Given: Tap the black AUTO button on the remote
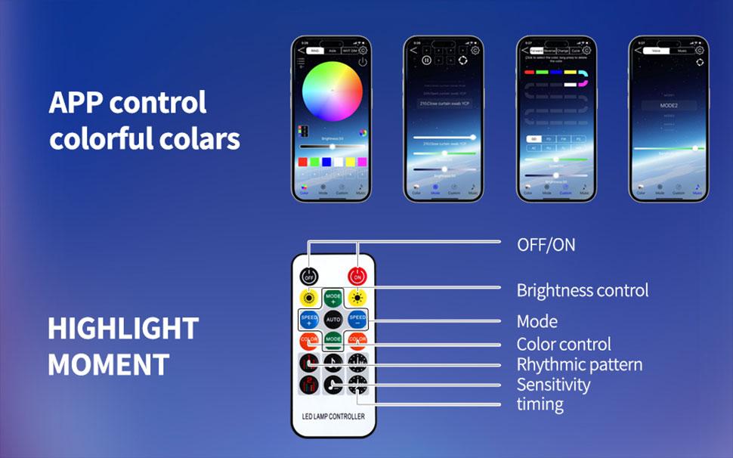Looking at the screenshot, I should pyautogui.click(x=333, y=320).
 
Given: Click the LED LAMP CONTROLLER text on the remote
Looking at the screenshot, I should pyautogui.click(x=333, y=416).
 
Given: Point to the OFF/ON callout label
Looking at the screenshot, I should pyautogui.click(x=546, y=245).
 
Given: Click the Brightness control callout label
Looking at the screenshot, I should pyautogui.click(x=582, y=290).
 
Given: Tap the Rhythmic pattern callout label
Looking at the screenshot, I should pyautogui.click(x=579, y=364).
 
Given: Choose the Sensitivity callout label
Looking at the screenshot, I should pyautogui.click(x=553, y=384).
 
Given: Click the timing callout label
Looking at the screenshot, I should pyautogui.click(x=540, y=404).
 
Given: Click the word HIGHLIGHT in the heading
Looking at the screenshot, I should pyautogui.click(x=123, y=329).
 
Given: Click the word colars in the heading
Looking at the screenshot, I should pyautogui.click(x=202, y=139).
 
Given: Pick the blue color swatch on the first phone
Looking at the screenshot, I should pyautogui.click(x=327, y=162).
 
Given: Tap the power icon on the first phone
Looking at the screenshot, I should pyautogui.click(x=363, y=62).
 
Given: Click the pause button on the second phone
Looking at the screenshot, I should pyautogui.click(x=426, y=60).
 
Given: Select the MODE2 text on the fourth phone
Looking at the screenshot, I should pyautogui.click(x=668, y=106).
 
